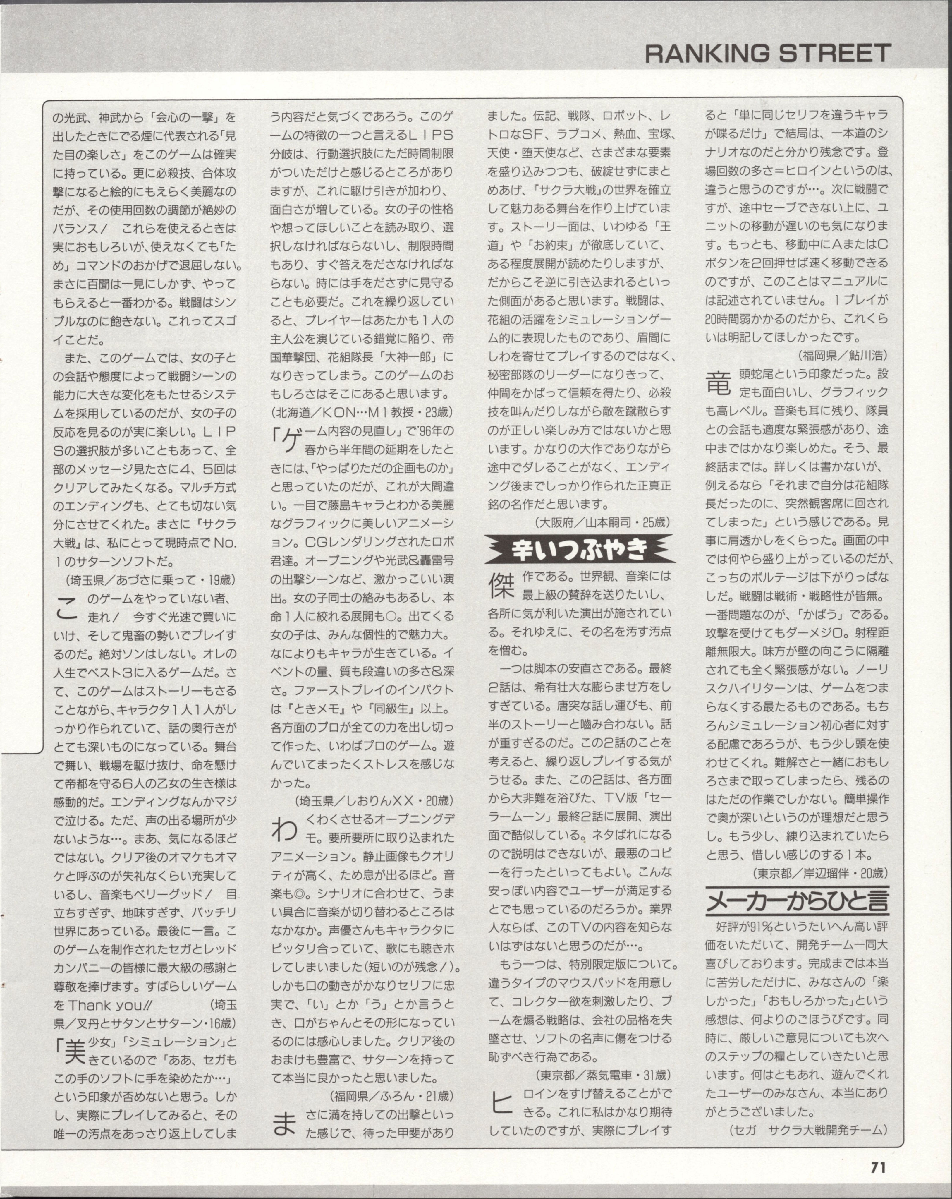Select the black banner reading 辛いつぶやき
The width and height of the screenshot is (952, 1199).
[580, 549]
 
